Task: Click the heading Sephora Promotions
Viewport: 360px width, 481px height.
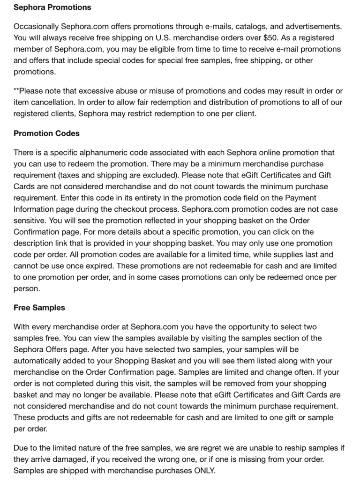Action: [52, 7]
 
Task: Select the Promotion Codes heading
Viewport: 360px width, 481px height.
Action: [46, 133]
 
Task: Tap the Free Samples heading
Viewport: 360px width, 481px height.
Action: [39, 308]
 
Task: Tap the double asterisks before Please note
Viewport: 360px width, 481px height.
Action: [16, 90]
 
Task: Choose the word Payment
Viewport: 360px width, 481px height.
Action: [296, 198]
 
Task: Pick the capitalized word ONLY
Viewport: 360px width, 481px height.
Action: [205, 471]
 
